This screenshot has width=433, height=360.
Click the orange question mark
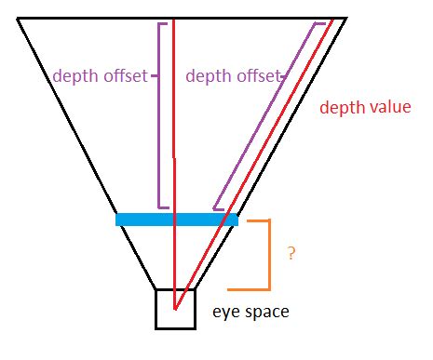[x=291, y=253]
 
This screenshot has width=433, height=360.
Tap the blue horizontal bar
[x=176, y=220]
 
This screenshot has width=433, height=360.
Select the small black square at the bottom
[x=175, y=309]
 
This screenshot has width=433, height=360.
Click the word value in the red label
[x=390, y=107]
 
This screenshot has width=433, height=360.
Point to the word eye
[x=226, y=312]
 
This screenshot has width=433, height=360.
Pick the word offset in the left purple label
[x=125, y=75]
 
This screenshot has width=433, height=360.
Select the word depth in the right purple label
[x=206, y=76]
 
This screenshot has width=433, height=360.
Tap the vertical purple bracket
[x=160, y=112]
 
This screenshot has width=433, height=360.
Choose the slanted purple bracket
[x=270, y=112]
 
